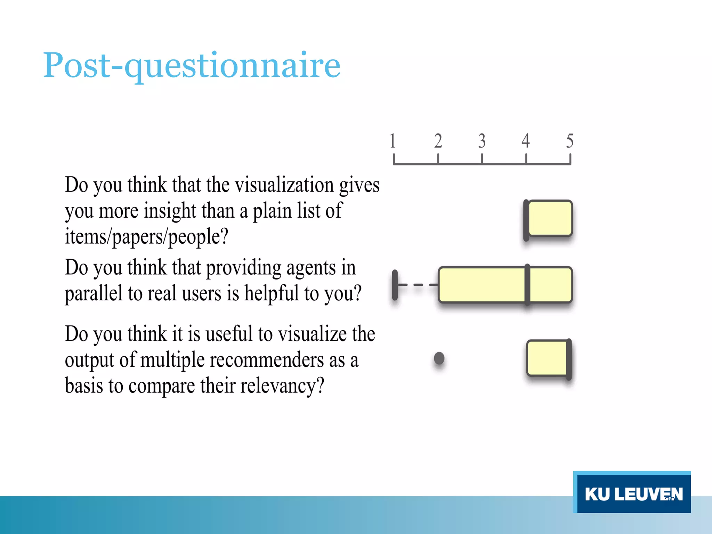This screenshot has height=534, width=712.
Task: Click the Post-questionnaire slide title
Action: pos(192,65)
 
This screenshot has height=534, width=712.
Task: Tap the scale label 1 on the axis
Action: pos(393,141)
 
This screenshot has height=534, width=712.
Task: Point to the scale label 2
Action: pos(438,141)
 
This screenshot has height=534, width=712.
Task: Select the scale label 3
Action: pos(482,141)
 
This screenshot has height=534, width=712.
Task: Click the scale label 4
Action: pos(526,141)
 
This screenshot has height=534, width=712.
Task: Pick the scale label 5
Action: pos(569,141)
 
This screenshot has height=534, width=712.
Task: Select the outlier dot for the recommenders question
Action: pos(439,358)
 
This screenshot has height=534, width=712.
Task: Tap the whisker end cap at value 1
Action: pos(395,285)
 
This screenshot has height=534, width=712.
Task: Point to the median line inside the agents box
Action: pos(527,285)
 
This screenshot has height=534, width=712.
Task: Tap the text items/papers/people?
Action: pos(146,237)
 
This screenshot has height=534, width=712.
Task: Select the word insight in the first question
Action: pos(170,211)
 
